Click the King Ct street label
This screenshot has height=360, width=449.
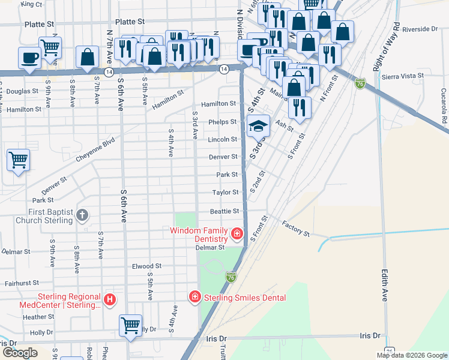[x=31, y=4]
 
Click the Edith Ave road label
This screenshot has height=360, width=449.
[x=384, y=285]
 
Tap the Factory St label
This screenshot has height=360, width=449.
[x=295, y=228]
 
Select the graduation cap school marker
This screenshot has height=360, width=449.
[x=258, y=126]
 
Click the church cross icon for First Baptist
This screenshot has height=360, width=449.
[x=83, y=216]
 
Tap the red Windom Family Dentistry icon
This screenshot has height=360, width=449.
[x=237, y=233]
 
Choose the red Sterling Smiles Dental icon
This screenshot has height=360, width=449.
[x=194, y=296]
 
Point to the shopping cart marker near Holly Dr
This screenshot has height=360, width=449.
[x=130, y=325]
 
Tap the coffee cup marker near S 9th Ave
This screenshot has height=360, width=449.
[x=29, y=58]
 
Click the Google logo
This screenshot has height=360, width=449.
[x=19, y=353]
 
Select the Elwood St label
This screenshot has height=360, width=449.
[x=147, y=266]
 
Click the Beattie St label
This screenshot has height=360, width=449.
[x=224, y=211]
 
